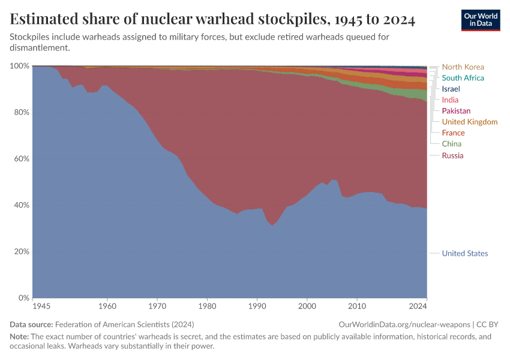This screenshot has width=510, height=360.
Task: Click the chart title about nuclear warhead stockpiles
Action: coord(212,20)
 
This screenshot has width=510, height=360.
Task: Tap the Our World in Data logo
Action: coord(480,20)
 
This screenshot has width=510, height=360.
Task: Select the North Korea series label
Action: coord(463,67)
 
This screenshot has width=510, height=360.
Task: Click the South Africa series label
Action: coord(463,78)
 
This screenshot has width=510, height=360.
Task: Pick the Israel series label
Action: coord(452,89)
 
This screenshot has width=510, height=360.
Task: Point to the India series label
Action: coord(450,100)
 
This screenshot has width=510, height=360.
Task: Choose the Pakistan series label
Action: coord(456,111)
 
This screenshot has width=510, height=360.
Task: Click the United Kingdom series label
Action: coord(469,122)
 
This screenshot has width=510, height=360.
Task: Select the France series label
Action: coord(453,133)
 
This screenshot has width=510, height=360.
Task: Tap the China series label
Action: coord(452,144)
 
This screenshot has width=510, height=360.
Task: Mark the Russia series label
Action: coord(452,156)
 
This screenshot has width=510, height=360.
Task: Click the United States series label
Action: coord(464,253)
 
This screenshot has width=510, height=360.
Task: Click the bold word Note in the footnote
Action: coord(19,337)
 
